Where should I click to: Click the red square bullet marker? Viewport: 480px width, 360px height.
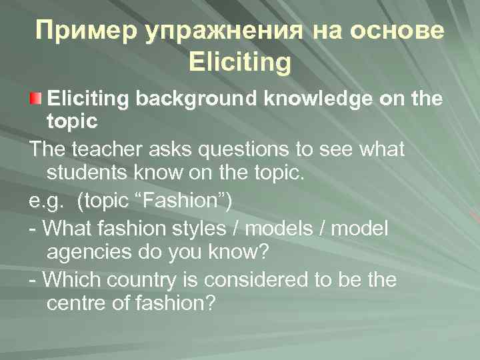pos(37,100)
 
